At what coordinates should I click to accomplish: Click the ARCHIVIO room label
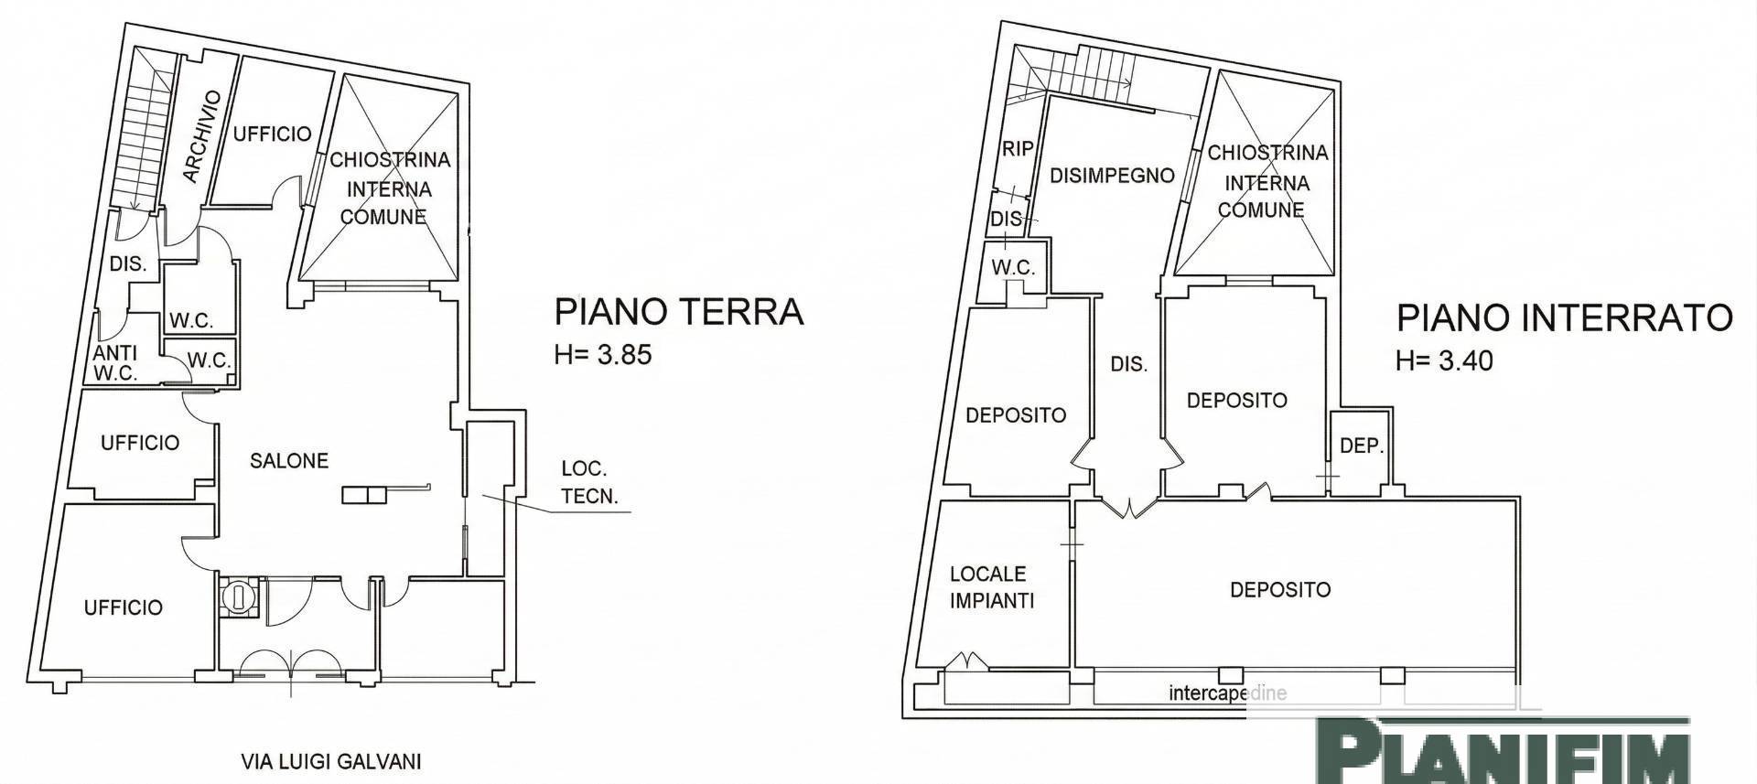pos(203,136)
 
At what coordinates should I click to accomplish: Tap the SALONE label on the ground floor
pos(289,461)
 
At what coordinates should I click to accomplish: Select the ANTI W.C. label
pos(115,362)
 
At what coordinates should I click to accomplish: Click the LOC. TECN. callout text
pos(589,482)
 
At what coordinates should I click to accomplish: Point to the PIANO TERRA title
pos(678,312)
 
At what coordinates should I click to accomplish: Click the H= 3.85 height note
pos(603,355)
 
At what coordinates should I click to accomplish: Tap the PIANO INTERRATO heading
pos(1564,317)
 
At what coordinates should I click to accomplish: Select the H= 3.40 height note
pos(1444,360)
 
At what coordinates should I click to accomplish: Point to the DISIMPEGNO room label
pos(1111,175)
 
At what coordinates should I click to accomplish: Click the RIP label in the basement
pos(1018,148)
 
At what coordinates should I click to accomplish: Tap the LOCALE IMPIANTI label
pos(991,587)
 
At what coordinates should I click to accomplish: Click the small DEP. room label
pos(1361,446)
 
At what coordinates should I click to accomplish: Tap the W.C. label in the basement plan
pos(1013,268)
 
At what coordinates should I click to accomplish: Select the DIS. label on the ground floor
pos(128,264)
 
